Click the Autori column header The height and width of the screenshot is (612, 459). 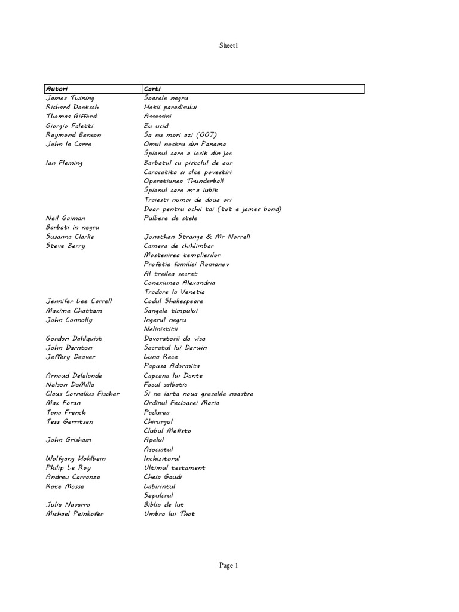click(x=57, y=89)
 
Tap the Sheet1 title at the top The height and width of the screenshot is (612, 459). click(x=229, y=45)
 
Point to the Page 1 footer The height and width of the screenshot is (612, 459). click(x=229, y=565)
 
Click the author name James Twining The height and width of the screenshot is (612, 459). click(x=70, y=97)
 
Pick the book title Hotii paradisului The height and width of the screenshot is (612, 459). click(x=170, y=107)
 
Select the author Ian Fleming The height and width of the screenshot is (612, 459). click(x=65, y=163)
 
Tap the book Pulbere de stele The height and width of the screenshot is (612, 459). click(x=170, y=218)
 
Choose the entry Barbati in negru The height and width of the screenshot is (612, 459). click(x=72, y=227)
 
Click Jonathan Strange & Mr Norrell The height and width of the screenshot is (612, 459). click(x=197, y=237)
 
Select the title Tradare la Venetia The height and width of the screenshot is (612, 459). click(x=174, y=292)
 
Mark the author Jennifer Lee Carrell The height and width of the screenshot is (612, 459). click(x=79, y=301)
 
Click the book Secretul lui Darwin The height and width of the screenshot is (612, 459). click(x=176, y=347)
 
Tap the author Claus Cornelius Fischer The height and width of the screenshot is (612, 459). click(x=82, y=394)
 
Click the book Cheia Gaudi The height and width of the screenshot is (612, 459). click(x=163, y=477)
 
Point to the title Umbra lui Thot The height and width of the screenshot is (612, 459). click(x=169, y=514)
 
